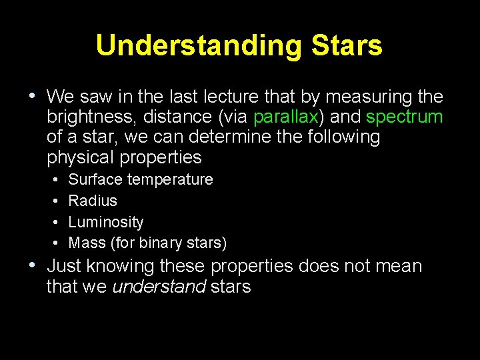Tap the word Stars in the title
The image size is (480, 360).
[x=347, y=46]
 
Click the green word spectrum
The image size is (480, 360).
[x=405, y=117]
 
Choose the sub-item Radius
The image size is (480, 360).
[x=93, y=201]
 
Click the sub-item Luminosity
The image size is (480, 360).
[x=106, y=222]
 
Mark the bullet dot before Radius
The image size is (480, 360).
[x=53, y=201]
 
